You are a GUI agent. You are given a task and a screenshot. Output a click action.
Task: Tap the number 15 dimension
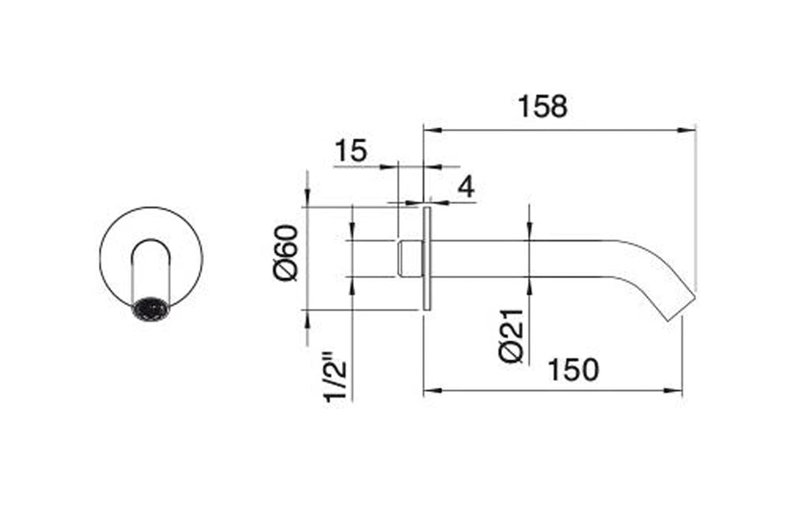(x=350, y=151)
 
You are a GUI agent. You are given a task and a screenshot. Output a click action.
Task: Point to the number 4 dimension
(x=466, y=188)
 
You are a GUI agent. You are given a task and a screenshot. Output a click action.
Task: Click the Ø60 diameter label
(x=288, y=254)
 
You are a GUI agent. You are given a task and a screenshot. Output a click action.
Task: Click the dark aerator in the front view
(x=151, y=308)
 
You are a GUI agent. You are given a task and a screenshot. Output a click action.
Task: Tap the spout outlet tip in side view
(x=682, y=309)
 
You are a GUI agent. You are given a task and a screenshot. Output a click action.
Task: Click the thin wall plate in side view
(x=426, y=259)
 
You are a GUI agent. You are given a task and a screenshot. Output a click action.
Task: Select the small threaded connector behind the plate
(x=410, y=259)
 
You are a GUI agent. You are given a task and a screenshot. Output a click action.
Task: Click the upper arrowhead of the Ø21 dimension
(x=529, y=233)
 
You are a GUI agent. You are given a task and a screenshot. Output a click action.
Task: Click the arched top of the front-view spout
(x=151, y=243)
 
